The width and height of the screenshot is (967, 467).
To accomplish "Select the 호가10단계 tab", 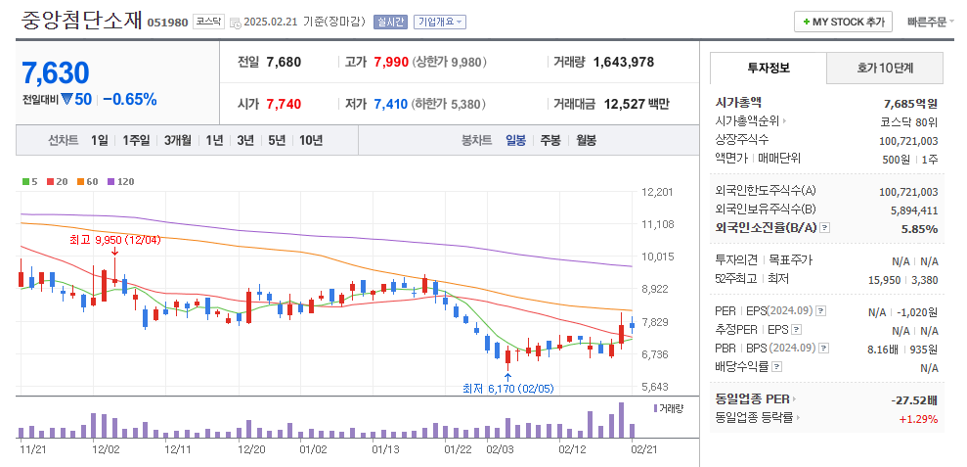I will tap(885, 68).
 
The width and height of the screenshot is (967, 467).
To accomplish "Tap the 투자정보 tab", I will tap(769, 68).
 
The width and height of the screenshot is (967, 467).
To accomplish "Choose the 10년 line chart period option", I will tap(311, 140).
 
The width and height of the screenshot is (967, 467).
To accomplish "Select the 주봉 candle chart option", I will tap(550, 140).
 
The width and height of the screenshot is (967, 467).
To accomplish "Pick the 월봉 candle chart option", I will tap(586, 140).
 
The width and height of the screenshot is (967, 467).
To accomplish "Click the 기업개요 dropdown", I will tap(440, 22).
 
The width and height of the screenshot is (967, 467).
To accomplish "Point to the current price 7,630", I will tap(55, 72).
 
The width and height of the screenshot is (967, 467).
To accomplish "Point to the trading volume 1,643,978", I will tap(623, 62).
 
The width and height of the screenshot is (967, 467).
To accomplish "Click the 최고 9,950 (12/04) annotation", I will tap(114, 239).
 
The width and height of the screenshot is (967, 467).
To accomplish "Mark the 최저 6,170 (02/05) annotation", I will tap(507, 388).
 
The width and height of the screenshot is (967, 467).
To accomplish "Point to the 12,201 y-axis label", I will tap(657, 192).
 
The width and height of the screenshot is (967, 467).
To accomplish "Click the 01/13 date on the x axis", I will tap(385, 449).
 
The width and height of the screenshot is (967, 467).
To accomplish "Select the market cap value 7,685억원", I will tap(909, 103).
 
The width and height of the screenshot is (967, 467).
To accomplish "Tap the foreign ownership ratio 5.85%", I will tap(919, 227).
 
